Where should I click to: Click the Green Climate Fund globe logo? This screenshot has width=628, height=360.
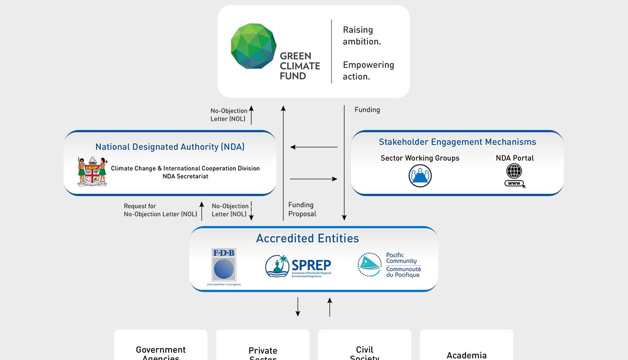pyautogui.click(x=254, y=46)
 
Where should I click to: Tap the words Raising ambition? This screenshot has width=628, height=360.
pyautogui.click(x=362, y=36)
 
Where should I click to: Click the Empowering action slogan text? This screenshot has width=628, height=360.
pyautogui.click(x=368, y=71)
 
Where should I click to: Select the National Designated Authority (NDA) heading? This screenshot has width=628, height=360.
pyautogui.click(x=170, y=147)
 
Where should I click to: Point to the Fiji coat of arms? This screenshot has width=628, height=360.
pyautogui.click(x=93, y=171)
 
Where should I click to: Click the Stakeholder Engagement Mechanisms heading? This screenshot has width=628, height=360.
pyautogui.click(x=457, y=142)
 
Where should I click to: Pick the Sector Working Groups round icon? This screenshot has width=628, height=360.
pyautogui.click(x=420, y=176)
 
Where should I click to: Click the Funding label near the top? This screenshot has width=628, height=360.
pyautogui.click(x=367, y=110)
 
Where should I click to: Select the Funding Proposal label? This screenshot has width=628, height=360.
pyautogui.click(x=302, y=209)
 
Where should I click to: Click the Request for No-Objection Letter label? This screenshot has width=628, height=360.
pyautogui.click(x=160, y=210)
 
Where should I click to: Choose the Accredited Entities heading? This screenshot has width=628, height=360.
pyautogui.click(x=307, y=238)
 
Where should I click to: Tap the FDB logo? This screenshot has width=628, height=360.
pyautogui.click(x=224, y=266)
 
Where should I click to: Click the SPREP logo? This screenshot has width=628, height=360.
pyautogui.click(x=298, y=266)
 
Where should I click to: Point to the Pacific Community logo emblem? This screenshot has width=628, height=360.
pyautogui.click(x=369, y=265)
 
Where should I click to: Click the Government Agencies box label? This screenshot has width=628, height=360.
pyautogui.click(x=161, y=352)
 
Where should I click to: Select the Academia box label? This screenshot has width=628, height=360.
pyautogui.click(x=466, y=355)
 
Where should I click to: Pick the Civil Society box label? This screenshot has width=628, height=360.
pyautogui.click(x=365, y=352)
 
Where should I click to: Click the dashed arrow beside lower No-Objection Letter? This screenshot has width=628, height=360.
pyautogui.click(x=251, y=211)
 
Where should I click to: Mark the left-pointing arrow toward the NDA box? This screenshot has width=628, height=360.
pyautogui.click(x=314, y=147)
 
